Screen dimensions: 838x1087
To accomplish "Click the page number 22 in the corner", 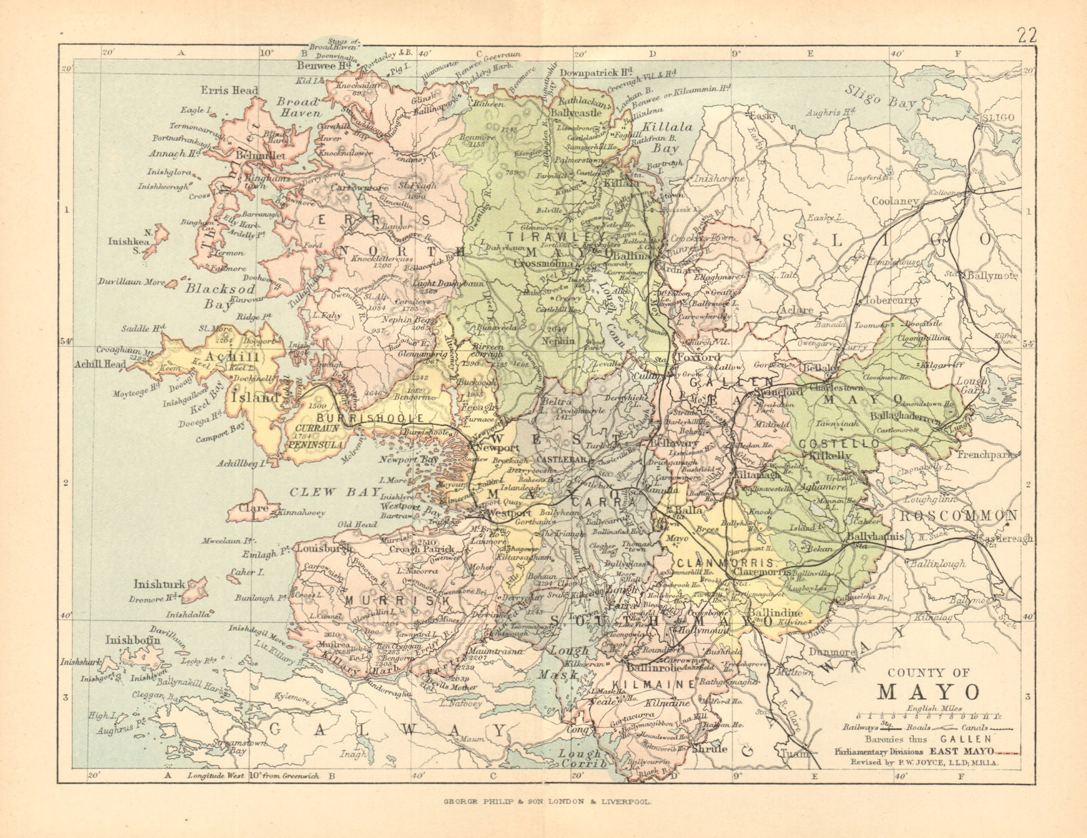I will point(1026,36).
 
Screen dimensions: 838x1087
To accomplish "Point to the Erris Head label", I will point(230,90).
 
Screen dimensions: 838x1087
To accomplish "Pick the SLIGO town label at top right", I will point(997,117).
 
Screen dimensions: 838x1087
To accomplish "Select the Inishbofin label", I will point(132,639).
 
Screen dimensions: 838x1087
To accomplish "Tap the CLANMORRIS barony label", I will point(725,564).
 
